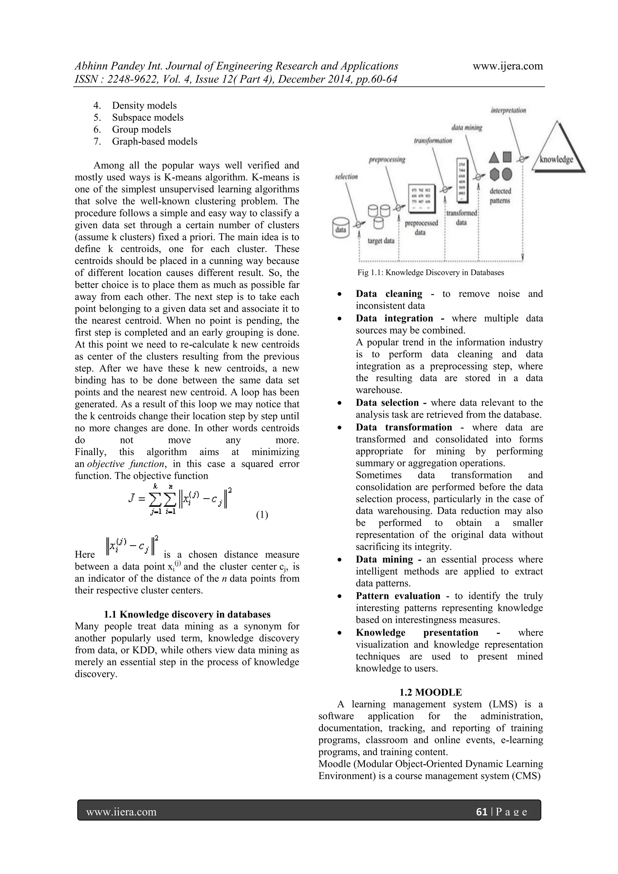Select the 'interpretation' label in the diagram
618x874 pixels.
click(508, 110)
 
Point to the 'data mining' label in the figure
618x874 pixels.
click(467, 127)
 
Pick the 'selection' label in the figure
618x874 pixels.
click(346, 177)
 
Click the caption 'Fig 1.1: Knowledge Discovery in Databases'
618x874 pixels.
click(430, 273)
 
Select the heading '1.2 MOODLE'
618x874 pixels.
click(430, 692)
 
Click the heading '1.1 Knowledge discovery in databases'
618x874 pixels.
click(187, 614)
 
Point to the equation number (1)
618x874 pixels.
click(262, 515)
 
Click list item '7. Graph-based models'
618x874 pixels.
click(145, 141)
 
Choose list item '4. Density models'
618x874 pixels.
click(135, 105)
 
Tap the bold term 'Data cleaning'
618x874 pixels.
click(389, 294)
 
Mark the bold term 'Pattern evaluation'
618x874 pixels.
click(398, 596)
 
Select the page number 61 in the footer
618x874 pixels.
click(481, 812)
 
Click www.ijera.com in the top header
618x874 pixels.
click(508, 66)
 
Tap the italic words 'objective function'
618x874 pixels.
click(127, 464)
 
